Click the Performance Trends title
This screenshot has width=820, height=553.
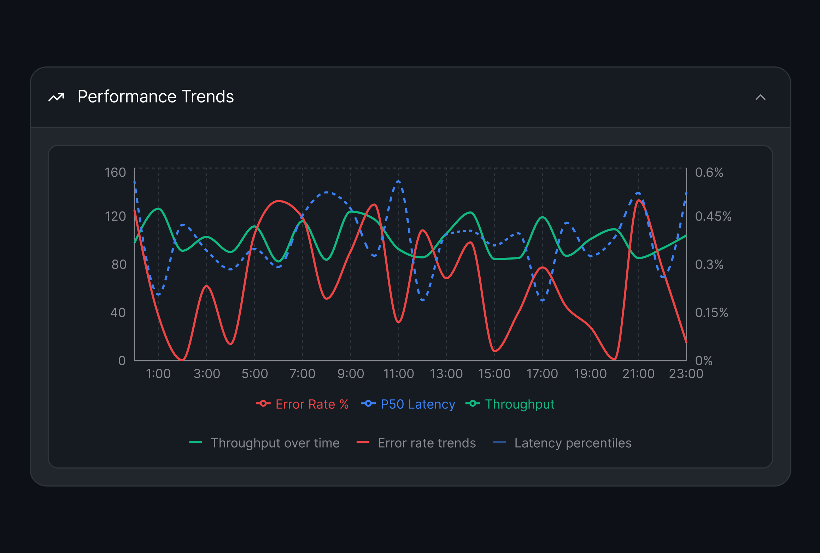pos(156,97)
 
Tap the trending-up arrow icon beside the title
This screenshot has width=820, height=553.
pos(57,97)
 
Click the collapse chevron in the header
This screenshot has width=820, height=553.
pos(760,97)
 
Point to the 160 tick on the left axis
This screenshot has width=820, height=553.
pos(115,173)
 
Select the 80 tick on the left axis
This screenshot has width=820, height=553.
pos(119,264)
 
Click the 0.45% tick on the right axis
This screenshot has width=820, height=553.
pos(713,216)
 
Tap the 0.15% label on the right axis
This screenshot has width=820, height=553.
pos(711,313)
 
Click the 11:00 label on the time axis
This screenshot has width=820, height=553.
pos(398,374)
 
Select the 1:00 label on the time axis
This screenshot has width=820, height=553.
pos(158,374)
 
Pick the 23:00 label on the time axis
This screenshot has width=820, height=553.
pos(686,374)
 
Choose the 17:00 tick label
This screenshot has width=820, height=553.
pos(542,374)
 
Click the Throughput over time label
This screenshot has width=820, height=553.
pos(275,443)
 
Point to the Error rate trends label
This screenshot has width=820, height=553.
pos(427,443)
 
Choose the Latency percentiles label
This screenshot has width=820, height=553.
pos(573,443)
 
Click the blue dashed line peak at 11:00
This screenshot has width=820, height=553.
pos(398,181)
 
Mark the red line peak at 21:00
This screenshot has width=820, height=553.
pos(639,200)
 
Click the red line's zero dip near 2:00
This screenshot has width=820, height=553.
pos(182,360)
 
